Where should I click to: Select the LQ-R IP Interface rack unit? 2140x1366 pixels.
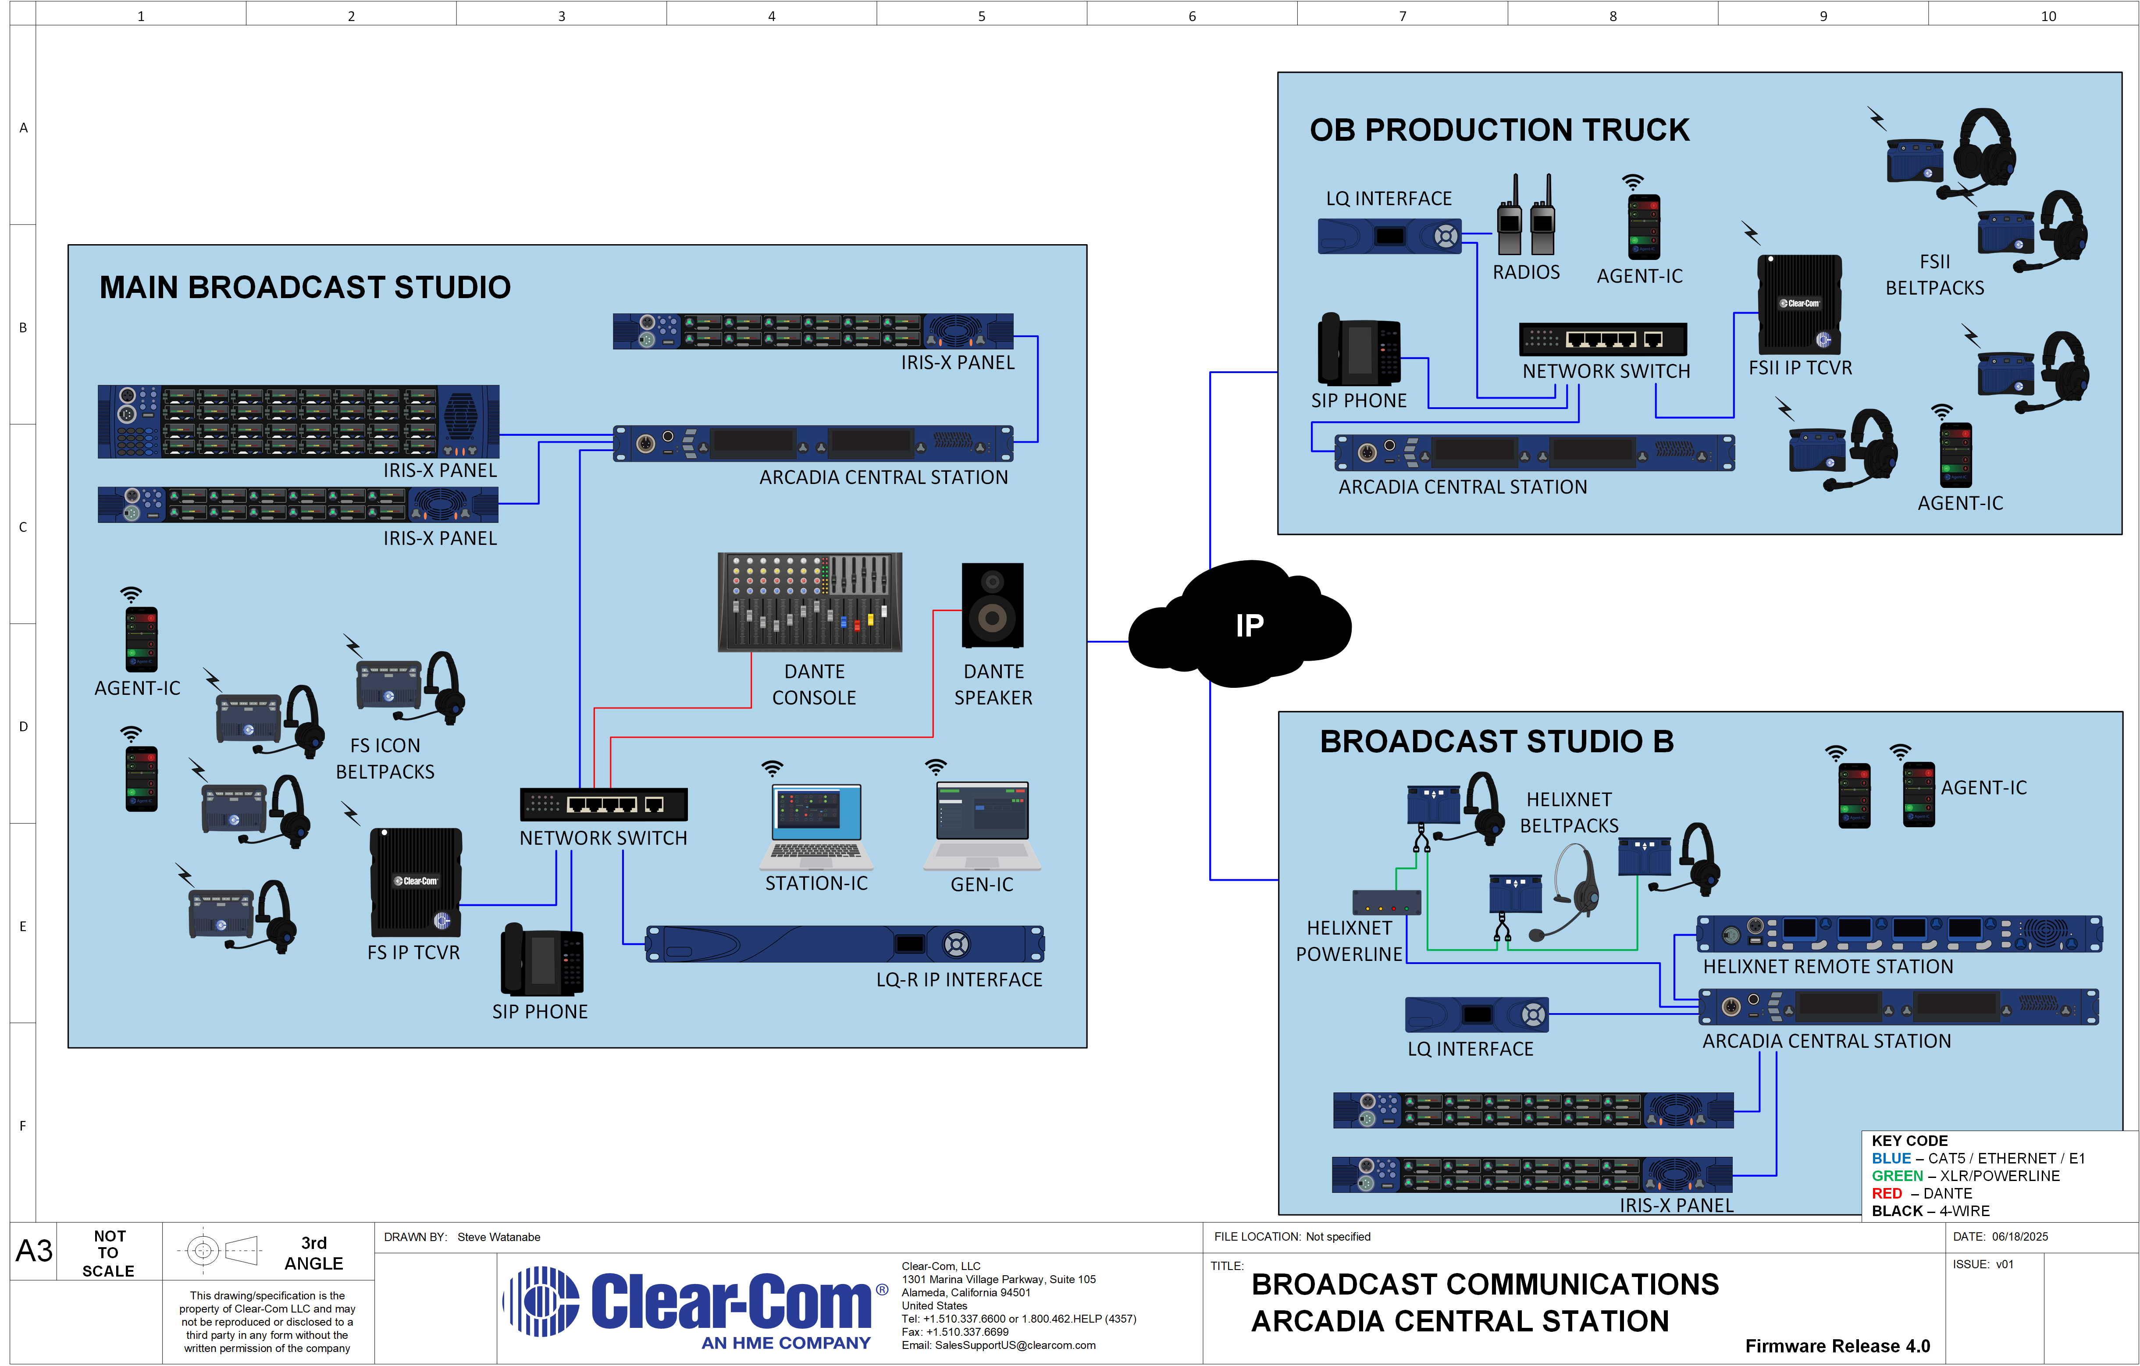pos(844,944)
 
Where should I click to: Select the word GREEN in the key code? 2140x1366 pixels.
pos(1897,1176)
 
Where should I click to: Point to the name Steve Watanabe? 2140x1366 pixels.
pos(499,1237)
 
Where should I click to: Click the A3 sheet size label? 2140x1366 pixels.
pos(34,1250)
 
